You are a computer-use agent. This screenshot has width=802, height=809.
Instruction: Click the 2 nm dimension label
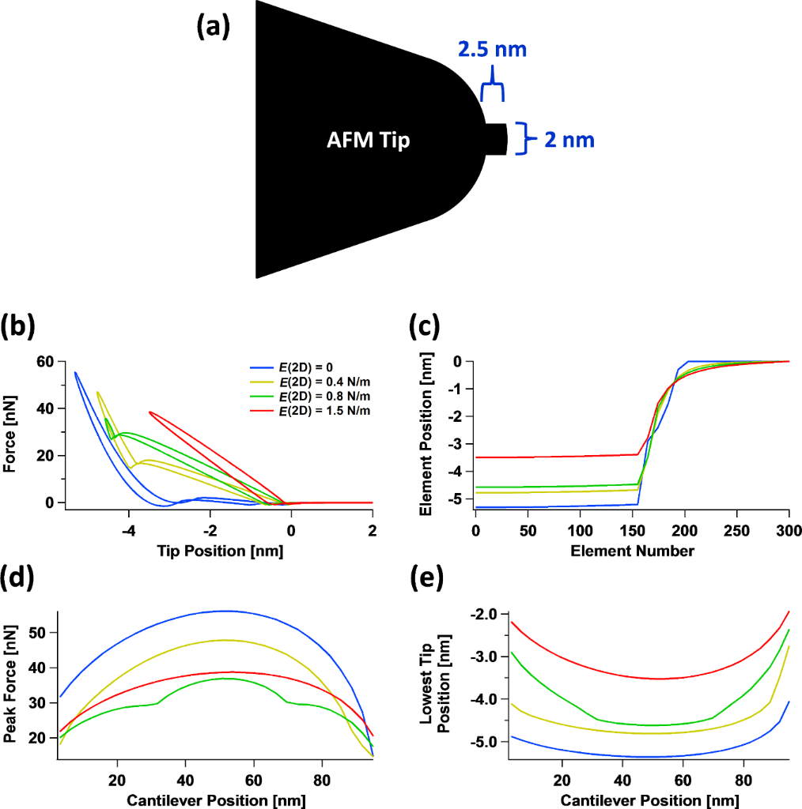tap(569, 141)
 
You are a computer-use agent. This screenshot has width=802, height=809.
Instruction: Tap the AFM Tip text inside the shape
tap(369, 141)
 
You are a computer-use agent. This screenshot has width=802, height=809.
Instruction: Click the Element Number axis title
tap(632, 550)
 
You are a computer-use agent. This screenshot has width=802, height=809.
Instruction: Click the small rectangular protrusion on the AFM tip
tap(497, 139)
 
